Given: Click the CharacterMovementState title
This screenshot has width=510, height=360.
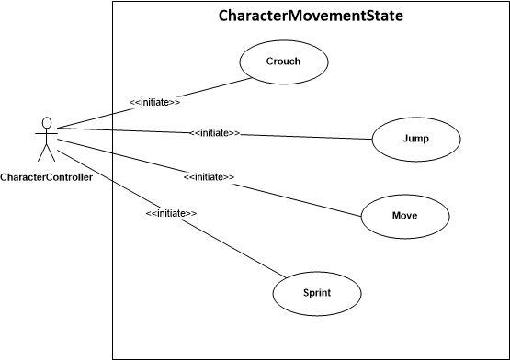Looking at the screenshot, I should click(312, 17).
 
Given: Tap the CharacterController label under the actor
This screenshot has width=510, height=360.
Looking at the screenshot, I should click(46, 176).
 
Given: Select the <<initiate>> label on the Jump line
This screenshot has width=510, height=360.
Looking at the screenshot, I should click(215, 133).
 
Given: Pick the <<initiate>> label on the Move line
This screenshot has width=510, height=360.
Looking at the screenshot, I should click(209, 176).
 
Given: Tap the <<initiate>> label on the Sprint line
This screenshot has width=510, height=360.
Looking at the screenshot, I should click(171, 213).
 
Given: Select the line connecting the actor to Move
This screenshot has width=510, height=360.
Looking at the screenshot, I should click(294, 197).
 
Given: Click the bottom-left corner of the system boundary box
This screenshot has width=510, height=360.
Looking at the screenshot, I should click(113, 358).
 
